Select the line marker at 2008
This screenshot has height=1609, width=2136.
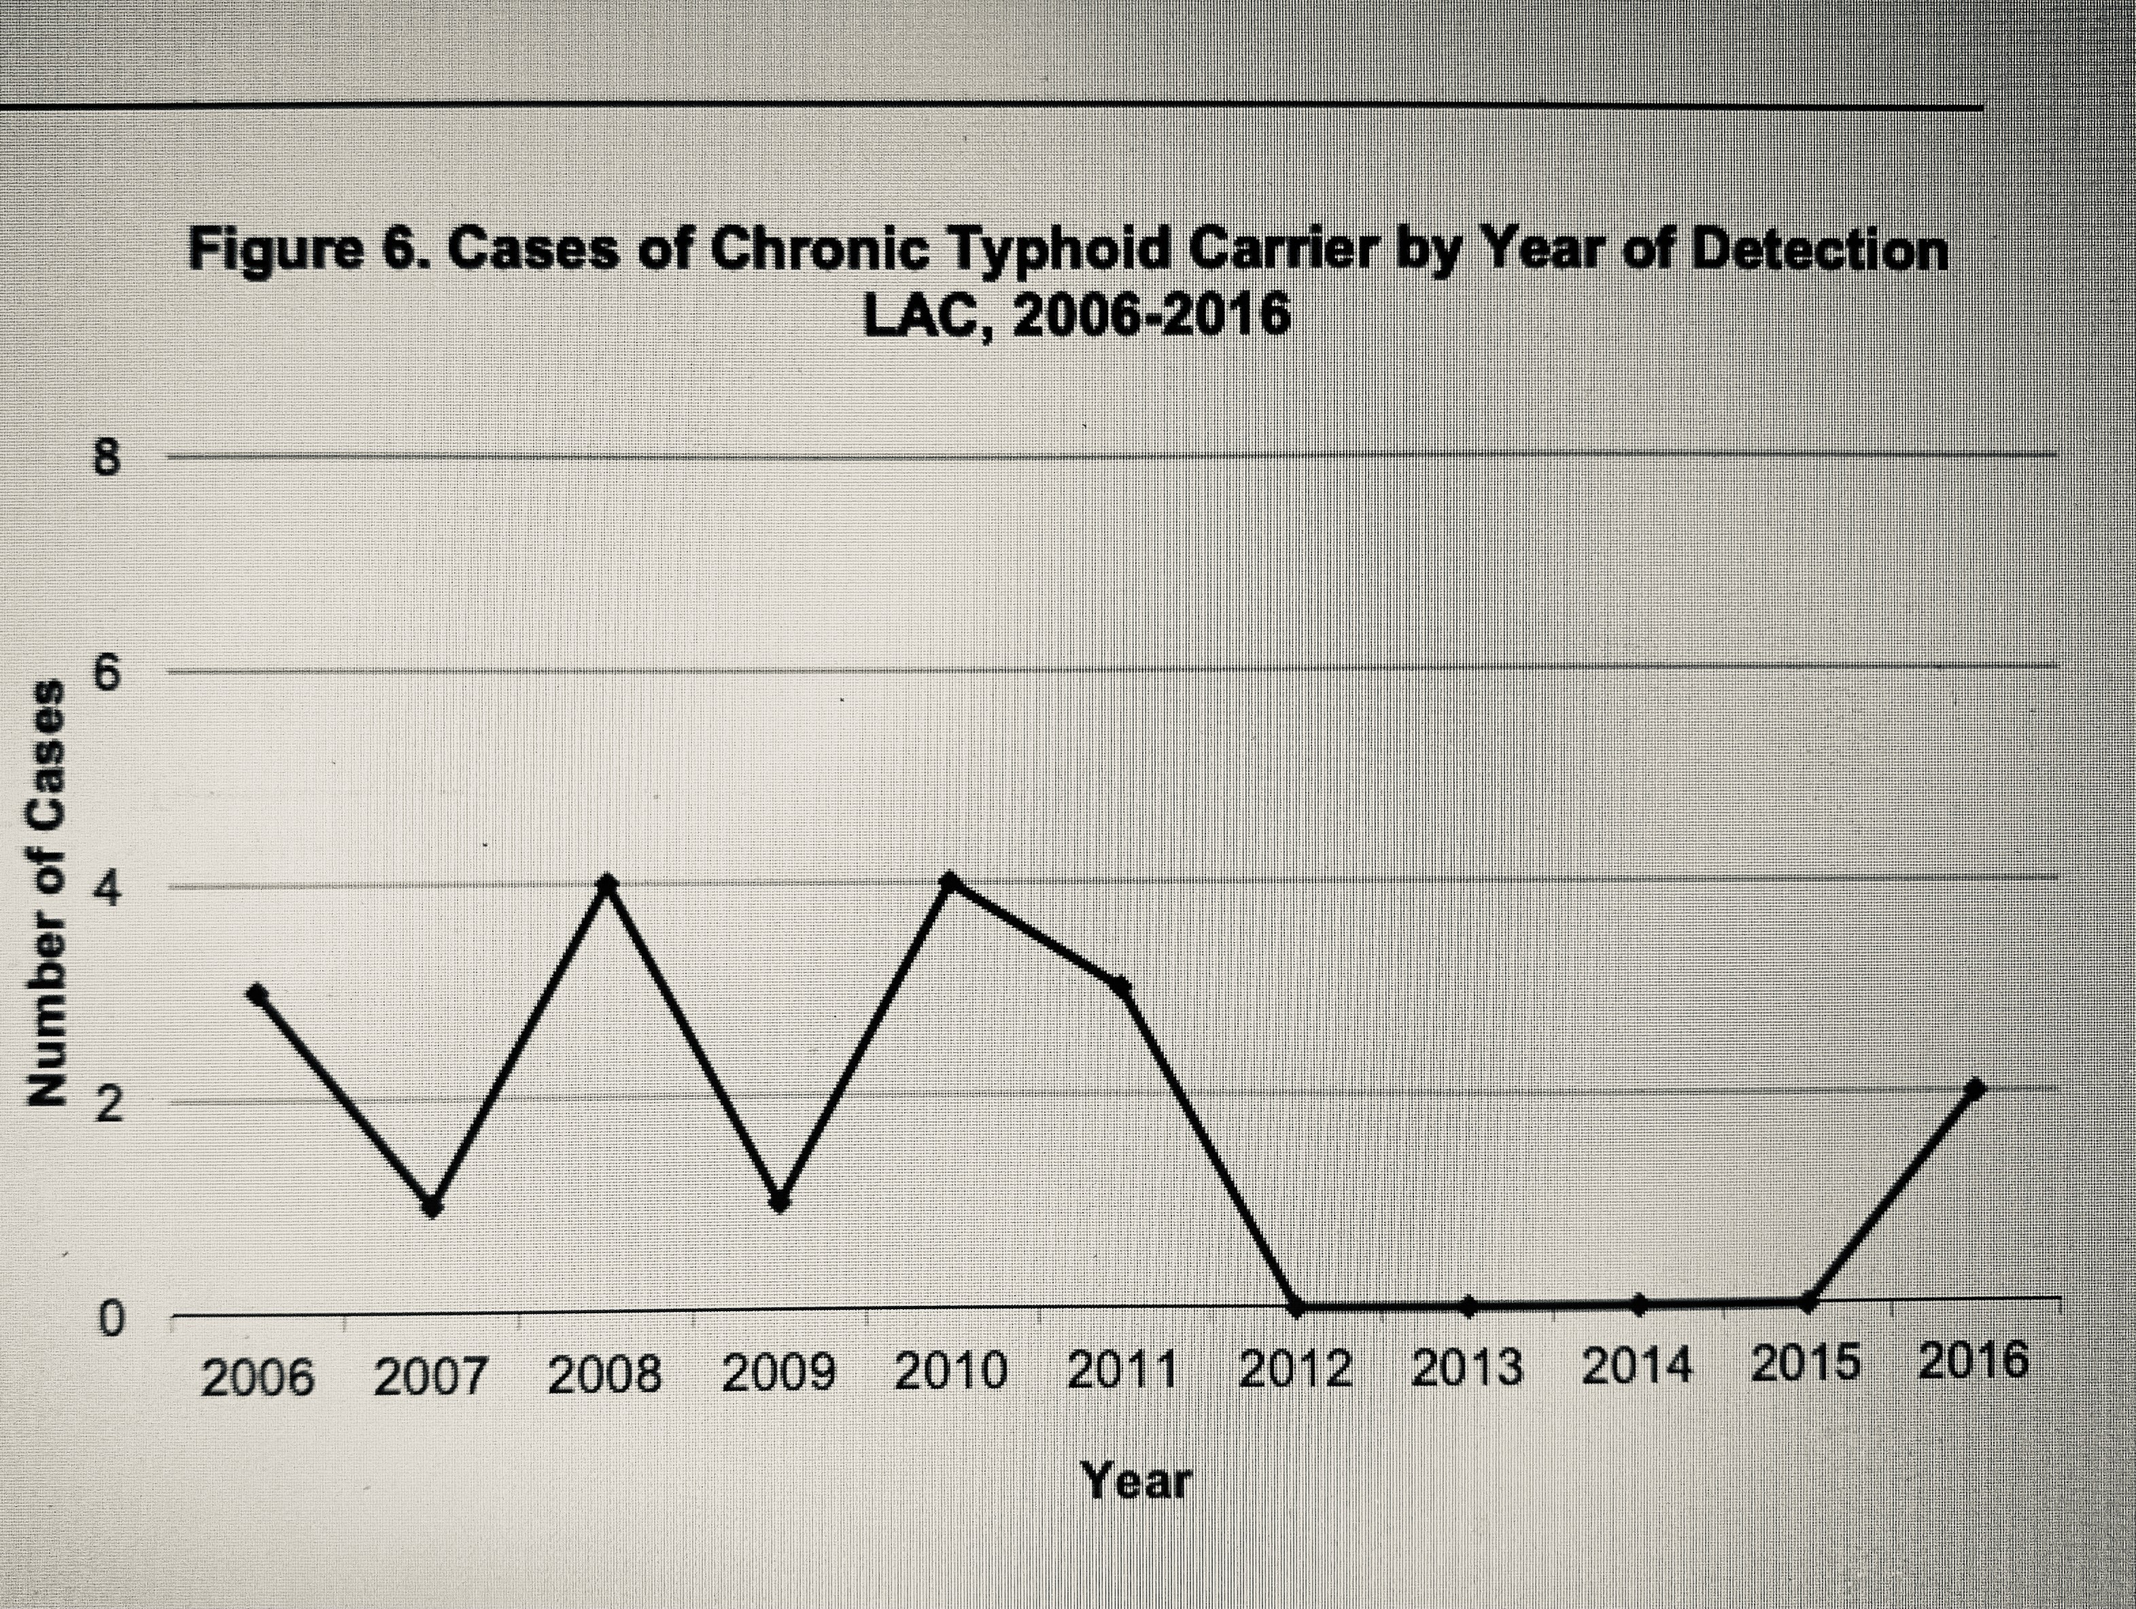point(606,883)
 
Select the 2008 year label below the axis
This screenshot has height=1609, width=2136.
point(606,1375)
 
